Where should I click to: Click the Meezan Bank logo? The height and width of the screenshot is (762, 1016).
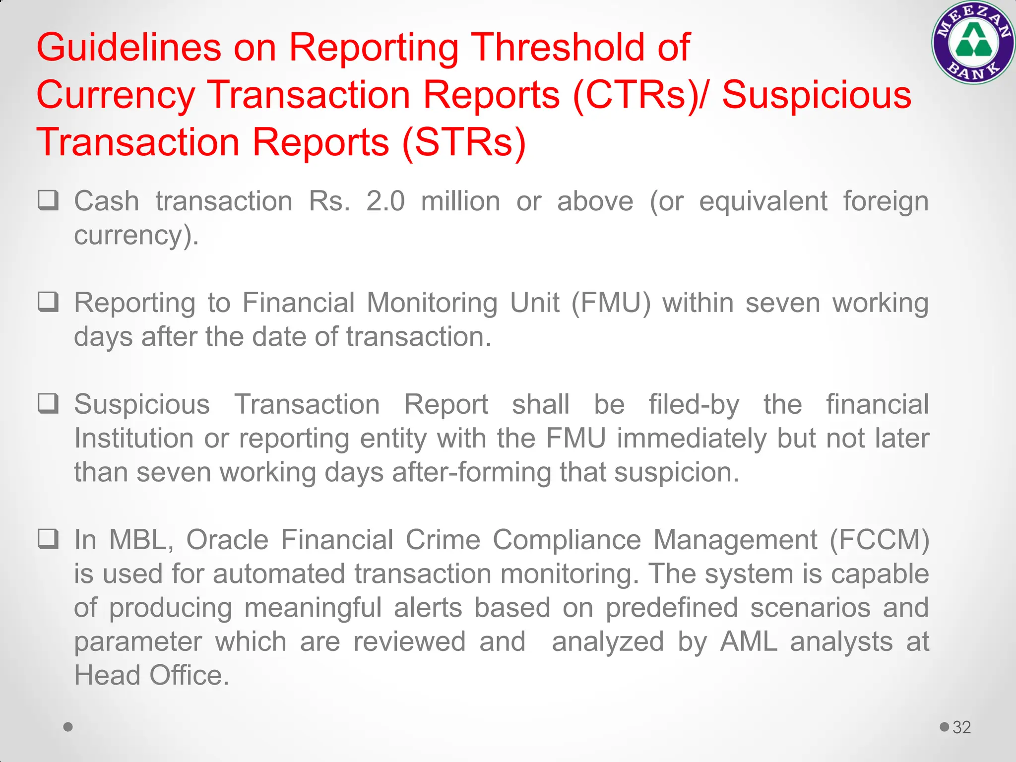coord(973,42)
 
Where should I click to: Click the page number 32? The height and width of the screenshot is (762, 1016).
coord(961,727)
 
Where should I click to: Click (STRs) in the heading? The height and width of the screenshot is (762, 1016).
coord(464,142)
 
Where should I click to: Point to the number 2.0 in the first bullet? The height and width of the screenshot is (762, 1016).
coord(385,201)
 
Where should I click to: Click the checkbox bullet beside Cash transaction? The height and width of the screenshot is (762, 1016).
coord(49,200)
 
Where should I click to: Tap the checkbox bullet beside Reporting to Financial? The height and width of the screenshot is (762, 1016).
coord(49,302)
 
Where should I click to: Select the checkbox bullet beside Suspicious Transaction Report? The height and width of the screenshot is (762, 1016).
coord(49,403)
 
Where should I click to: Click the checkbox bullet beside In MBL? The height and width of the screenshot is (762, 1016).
coord(49,539)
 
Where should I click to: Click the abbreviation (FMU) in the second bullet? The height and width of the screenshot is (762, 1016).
coord(611,303)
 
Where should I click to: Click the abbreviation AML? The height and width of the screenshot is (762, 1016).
coord(749,641)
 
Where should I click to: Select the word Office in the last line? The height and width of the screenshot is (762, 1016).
coord(189,675)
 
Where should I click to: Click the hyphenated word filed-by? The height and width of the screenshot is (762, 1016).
coord(694,404)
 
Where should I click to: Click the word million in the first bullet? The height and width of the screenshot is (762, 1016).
coord(460,201)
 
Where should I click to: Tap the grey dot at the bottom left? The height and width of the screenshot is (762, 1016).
coord(68,727)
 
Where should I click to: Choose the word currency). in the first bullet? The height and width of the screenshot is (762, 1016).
coord(136,235)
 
